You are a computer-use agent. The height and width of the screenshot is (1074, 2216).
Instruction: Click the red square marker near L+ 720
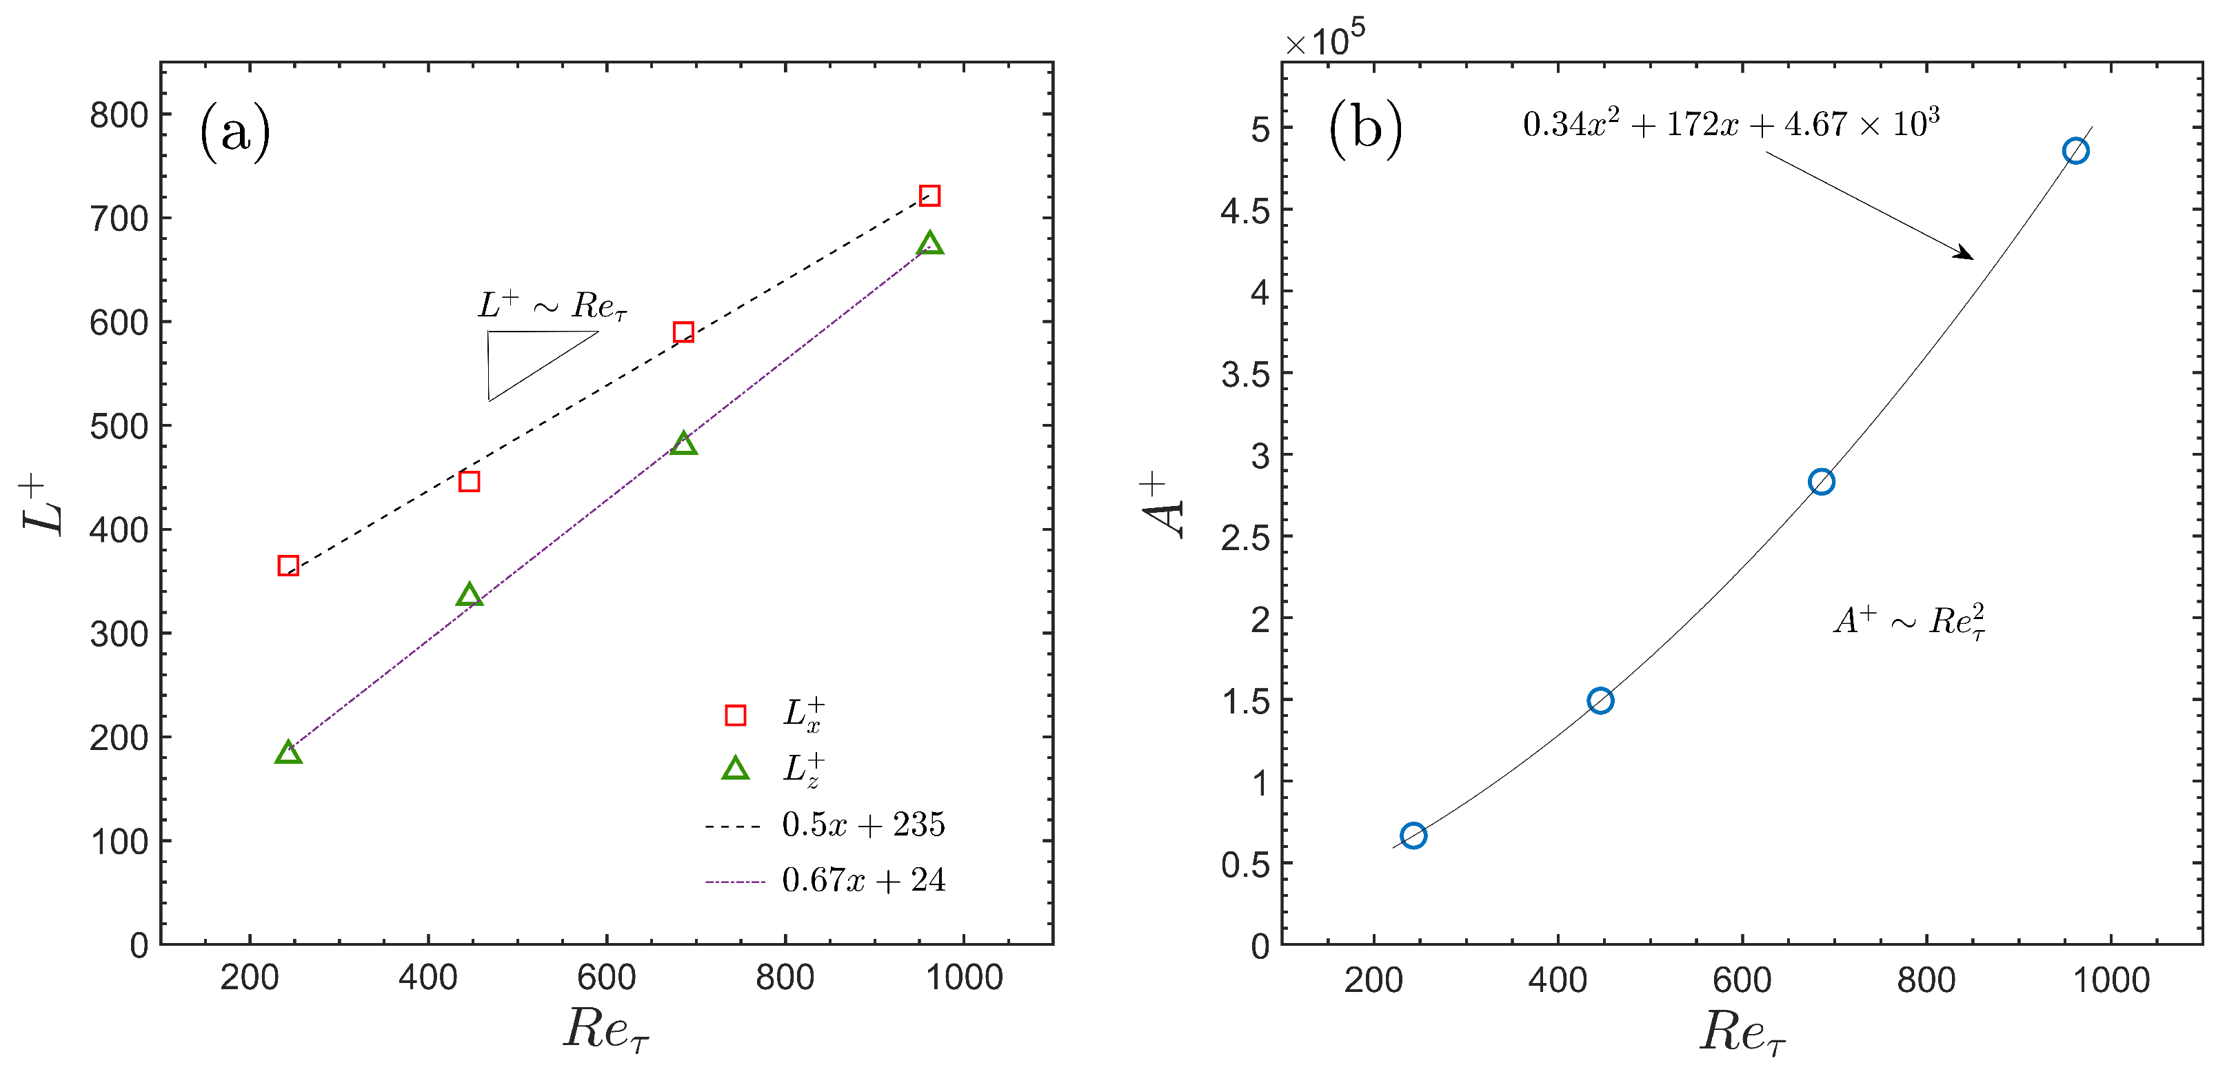click(x=929, y=196)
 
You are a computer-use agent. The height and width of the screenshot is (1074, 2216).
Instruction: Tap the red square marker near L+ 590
click(x=683, y=332)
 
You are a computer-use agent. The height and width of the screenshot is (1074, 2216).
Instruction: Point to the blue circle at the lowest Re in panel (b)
click(x=1413, y=835)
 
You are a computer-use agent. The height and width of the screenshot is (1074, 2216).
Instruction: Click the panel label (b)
click(x=1365, y=129)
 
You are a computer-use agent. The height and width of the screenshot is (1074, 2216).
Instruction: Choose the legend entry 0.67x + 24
click(x=863, y=880)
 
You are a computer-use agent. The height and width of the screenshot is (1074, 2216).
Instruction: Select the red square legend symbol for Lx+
click(x=735, y=716)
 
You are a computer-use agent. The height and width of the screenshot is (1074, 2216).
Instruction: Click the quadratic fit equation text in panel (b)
click(x=1731, y=125)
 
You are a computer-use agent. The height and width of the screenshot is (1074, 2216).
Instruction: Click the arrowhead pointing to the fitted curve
click(x=1965, y=254)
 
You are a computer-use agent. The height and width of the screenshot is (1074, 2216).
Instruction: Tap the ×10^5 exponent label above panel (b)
click(x=1324, y=39)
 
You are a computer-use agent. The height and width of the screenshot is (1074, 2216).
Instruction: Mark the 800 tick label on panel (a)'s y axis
click(x=119, y=114)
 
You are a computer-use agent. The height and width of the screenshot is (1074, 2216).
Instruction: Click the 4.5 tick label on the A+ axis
click(x=1245, y=211)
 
